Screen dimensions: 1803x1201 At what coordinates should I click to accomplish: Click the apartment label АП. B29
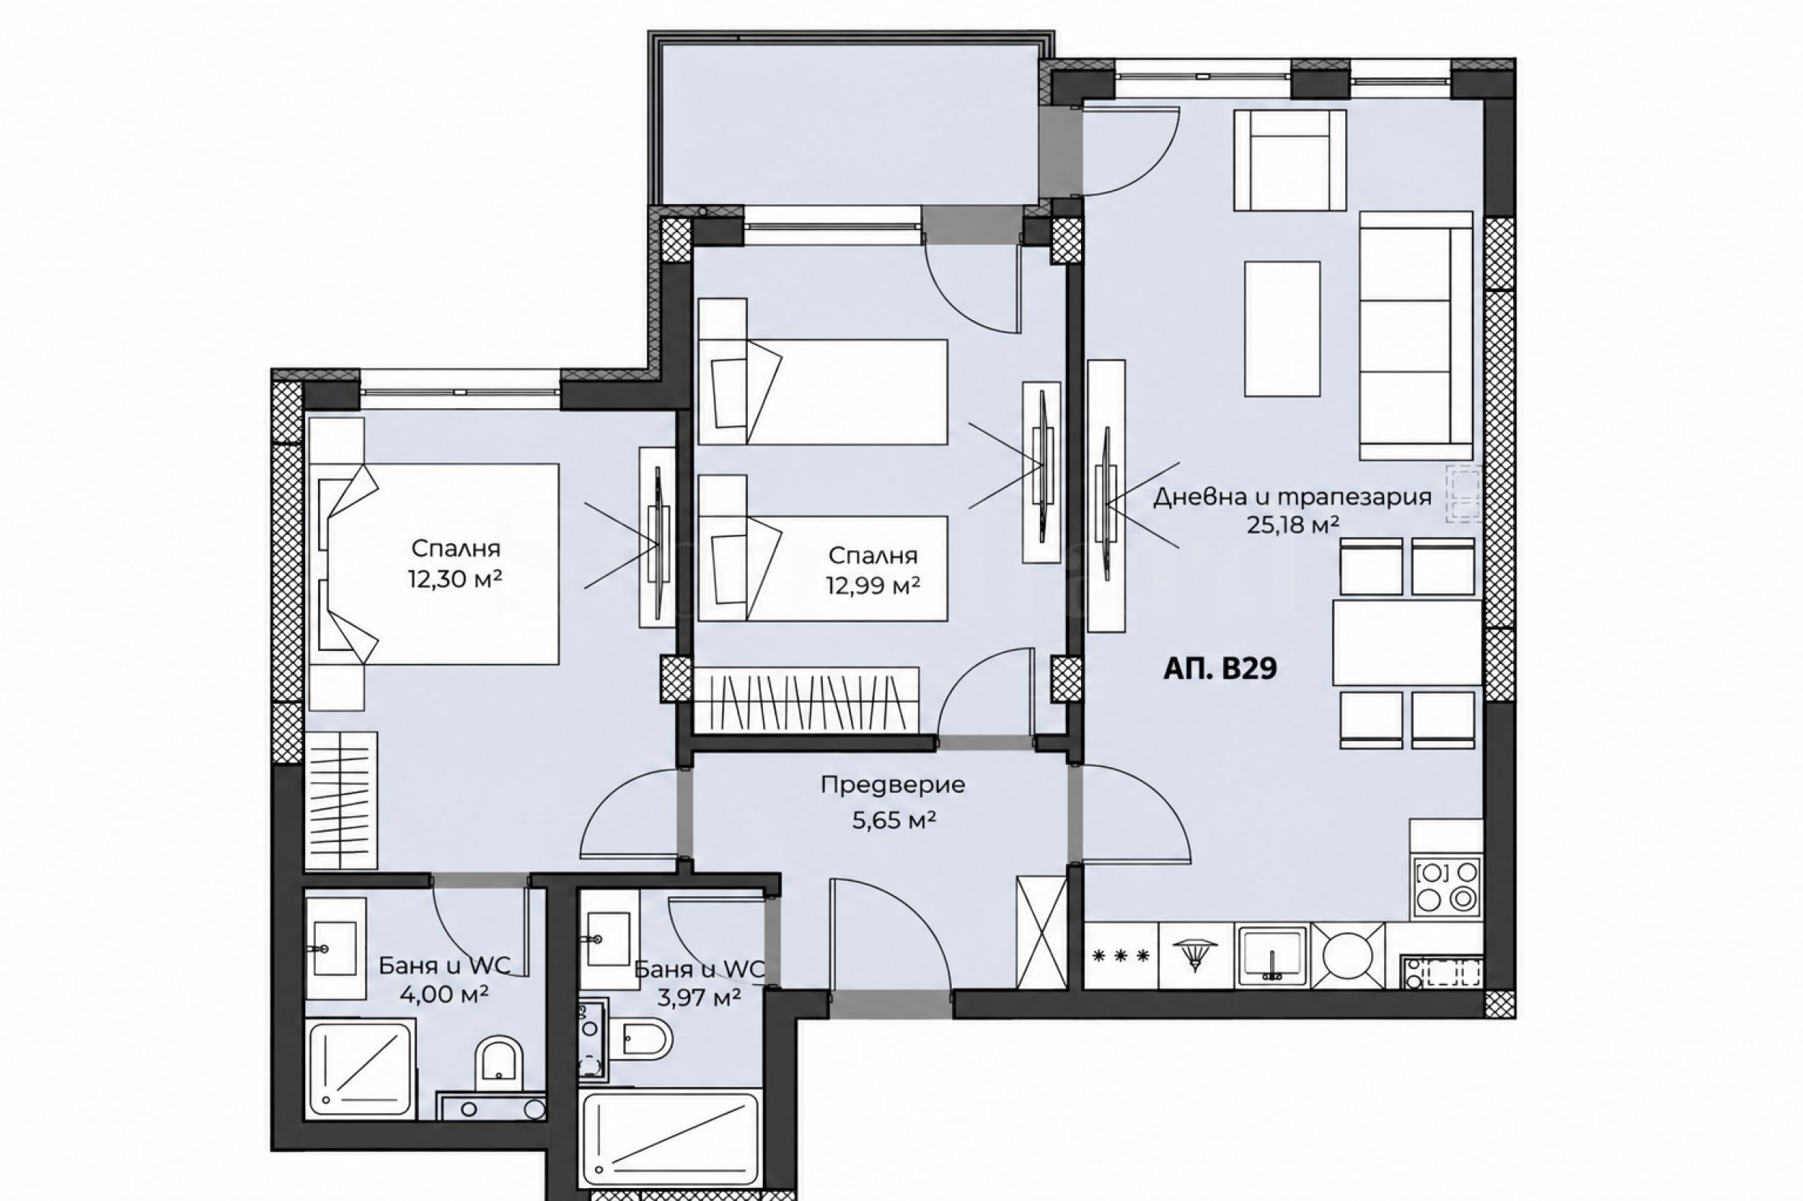pos(1220,668)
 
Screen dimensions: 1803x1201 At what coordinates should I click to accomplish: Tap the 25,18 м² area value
pos(1293,526)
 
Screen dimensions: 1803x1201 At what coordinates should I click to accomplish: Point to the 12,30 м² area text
pos(455,579)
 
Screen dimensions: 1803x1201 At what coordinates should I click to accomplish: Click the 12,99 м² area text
pos(873,586)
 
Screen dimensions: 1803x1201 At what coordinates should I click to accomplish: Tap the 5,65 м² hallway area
pos(894,820)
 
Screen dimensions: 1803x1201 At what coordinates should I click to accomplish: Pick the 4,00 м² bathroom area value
pos(444,995)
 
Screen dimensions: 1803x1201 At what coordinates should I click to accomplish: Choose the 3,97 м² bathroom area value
pos(698,996)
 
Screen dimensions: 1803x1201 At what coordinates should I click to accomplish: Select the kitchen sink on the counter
pos(1272,955)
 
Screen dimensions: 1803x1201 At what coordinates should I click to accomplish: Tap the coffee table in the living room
pos(1282,329)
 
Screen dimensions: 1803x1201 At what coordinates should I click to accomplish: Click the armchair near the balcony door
pos(1290,160)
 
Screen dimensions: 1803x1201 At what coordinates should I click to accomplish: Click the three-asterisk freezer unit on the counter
pos(1122,955)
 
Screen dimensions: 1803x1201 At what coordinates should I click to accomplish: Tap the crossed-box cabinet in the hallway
pos(1042,932)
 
